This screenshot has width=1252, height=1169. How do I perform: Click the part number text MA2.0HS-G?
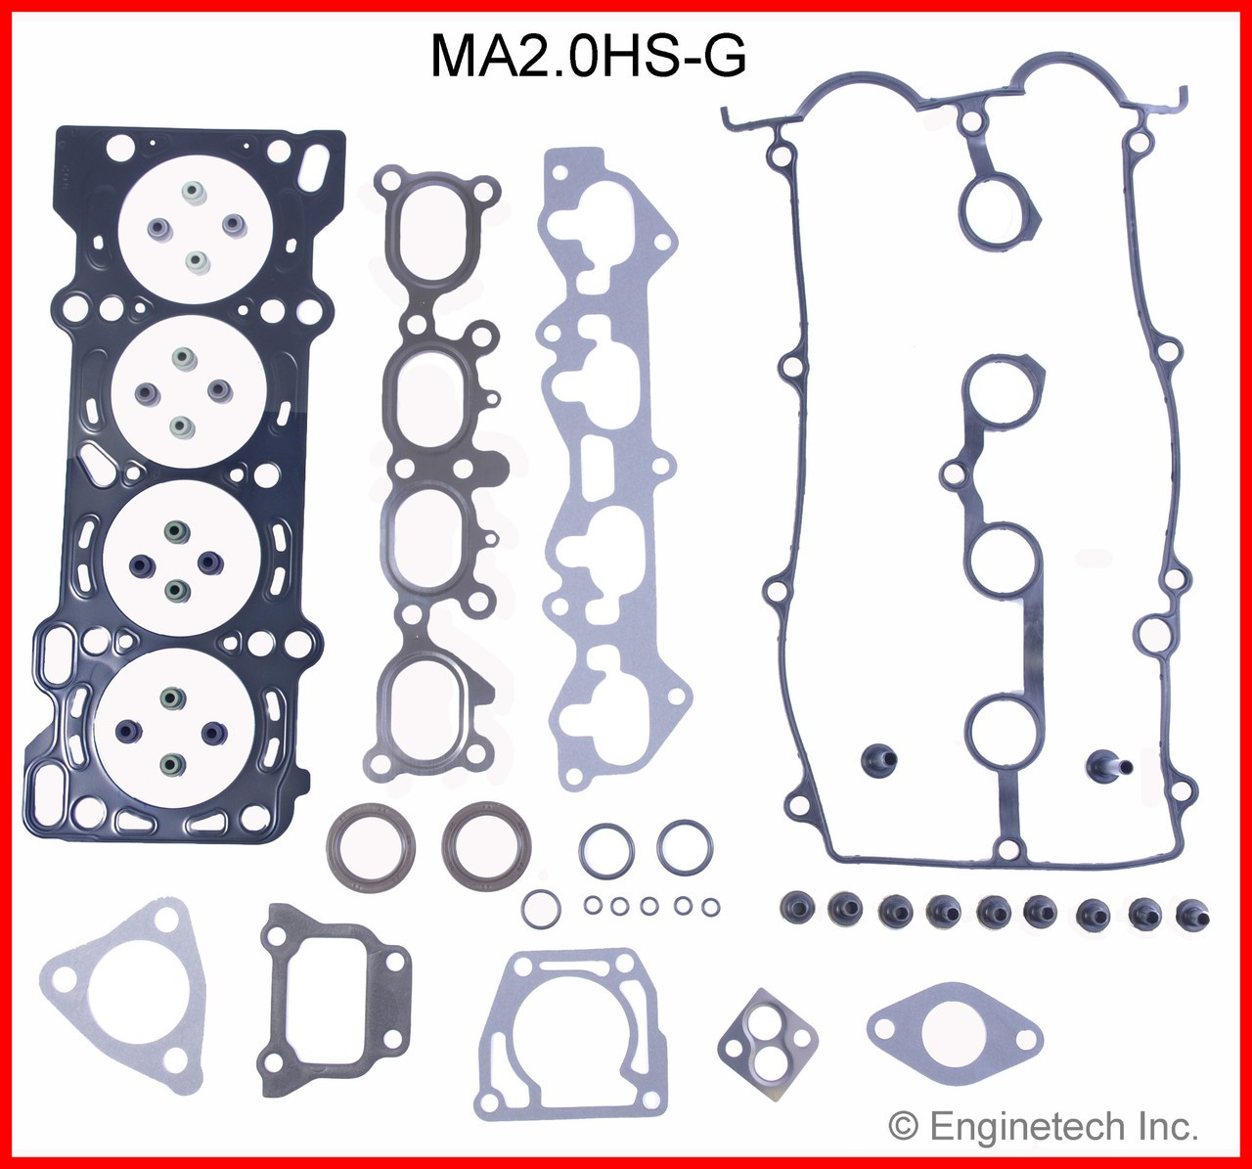588,57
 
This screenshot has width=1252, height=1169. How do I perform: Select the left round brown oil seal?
370,848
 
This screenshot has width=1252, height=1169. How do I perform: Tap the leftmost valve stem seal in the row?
792,909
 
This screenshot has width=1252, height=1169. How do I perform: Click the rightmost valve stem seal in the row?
1192,914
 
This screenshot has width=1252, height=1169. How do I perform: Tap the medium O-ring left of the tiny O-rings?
541,909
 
